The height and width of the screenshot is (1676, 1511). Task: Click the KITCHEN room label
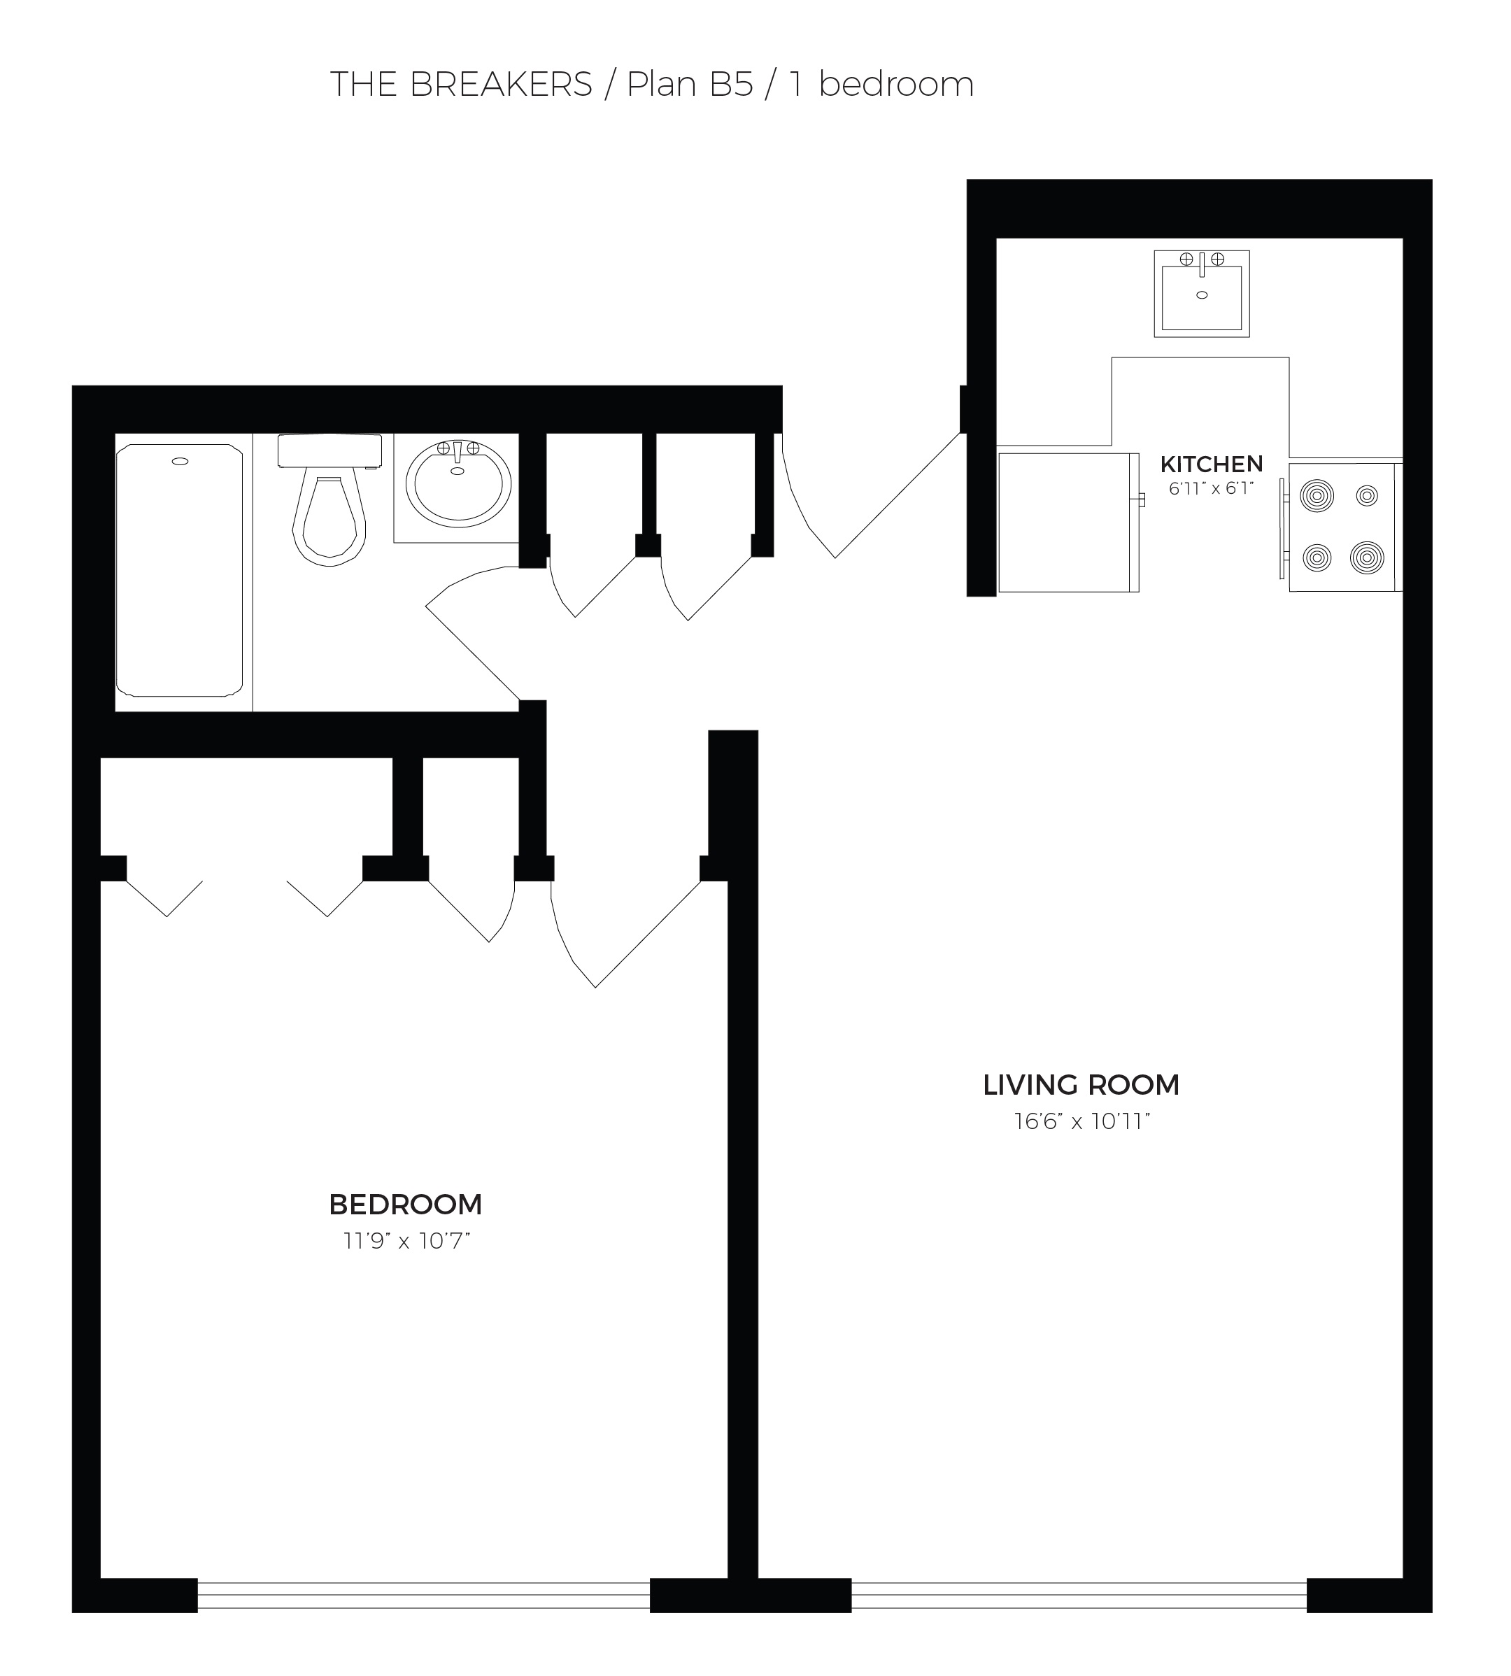tap(1212, 464)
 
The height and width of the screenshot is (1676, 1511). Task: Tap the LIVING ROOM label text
tap(1081, 1085)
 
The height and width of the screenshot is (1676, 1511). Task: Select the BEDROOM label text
tap(405, 1205)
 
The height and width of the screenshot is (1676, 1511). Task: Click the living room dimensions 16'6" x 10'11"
tap(1081, 1121)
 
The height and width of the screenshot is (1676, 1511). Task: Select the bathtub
tap(179, 570)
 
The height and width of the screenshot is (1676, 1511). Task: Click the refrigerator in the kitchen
tap(1068, 522)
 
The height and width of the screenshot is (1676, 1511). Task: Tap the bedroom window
tap(423, 1595)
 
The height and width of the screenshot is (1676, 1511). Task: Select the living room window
tap(1079, 1595)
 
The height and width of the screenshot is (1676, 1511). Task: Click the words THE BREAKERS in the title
tap(462, 85)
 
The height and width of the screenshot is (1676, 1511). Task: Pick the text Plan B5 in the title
tap(689, 85)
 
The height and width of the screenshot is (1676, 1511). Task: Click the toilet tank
tap(329, 450)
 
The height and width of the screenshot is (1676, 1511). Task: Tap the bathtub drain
tap(179, 462)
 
